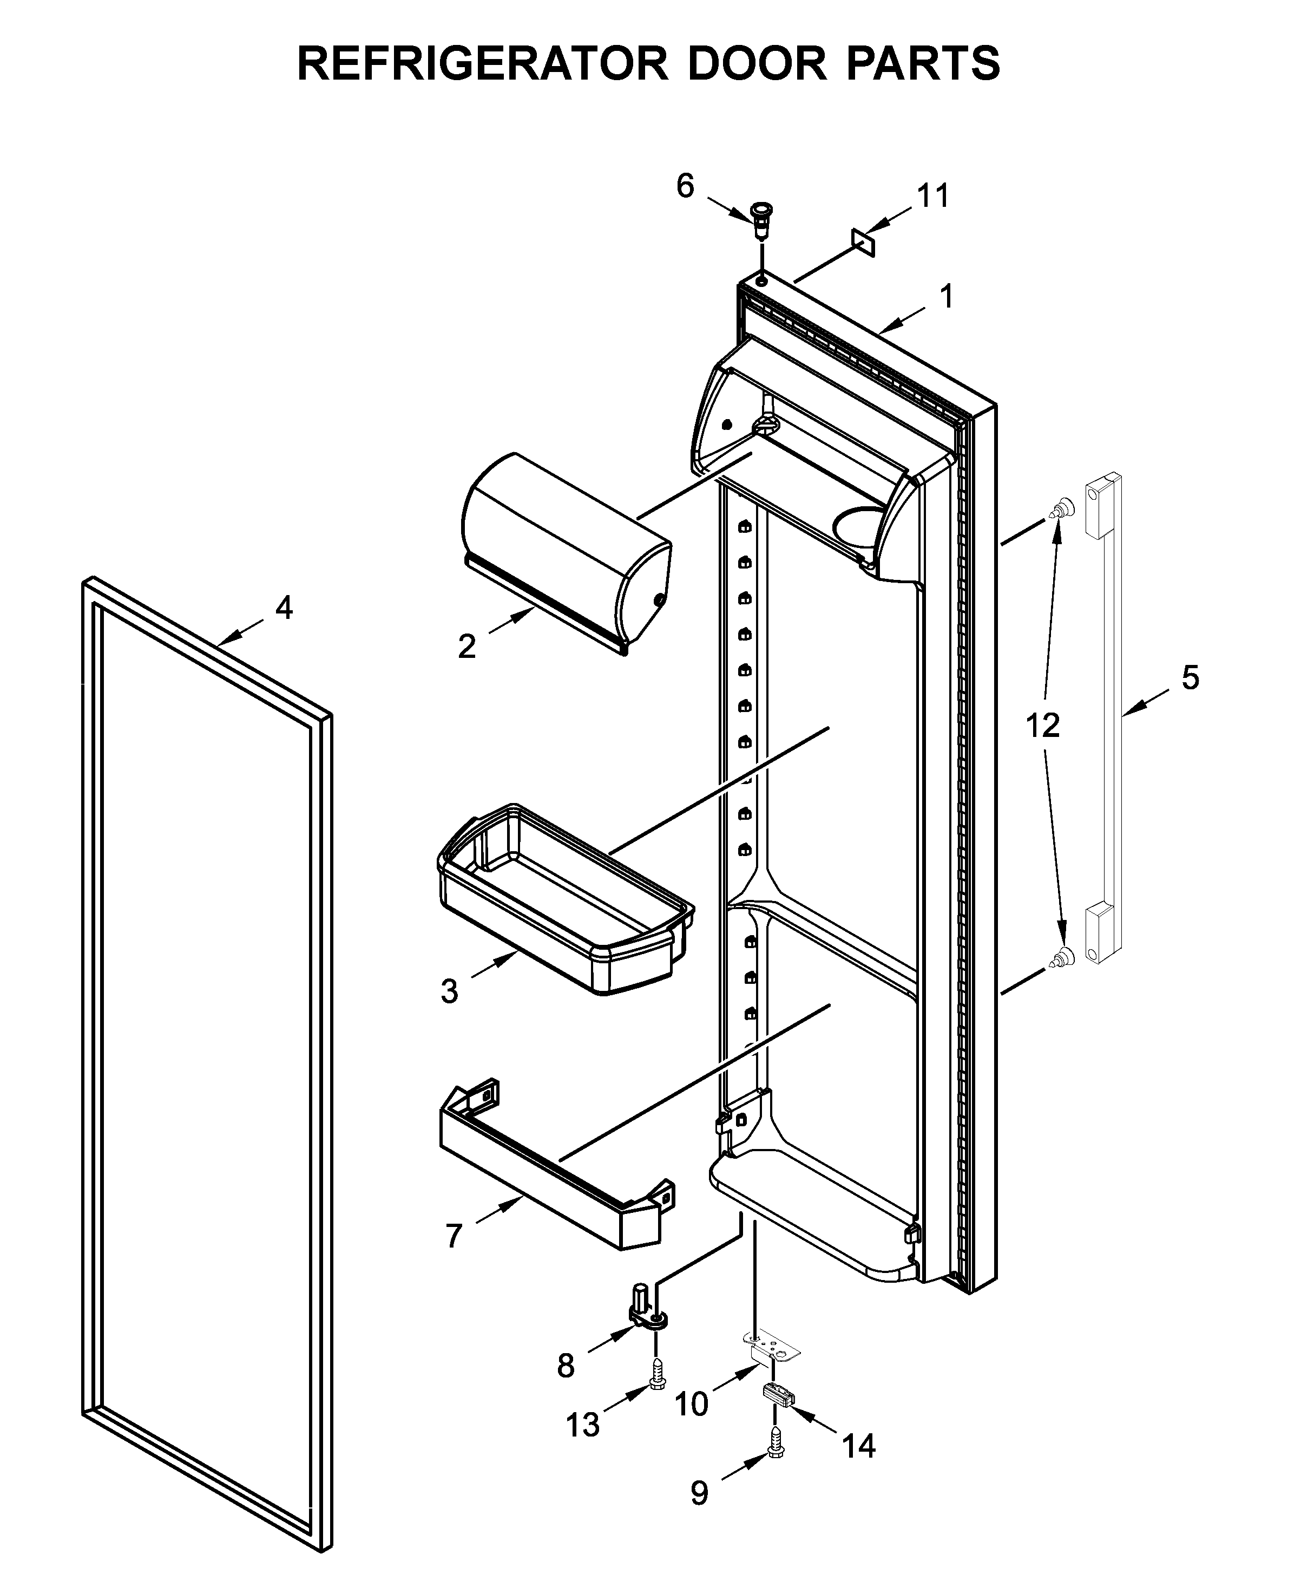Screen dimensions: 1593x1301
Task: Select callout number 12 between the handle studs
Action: coord(1042,726)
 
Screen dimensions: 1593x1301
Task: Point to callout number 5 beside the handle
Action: coord(1190,678)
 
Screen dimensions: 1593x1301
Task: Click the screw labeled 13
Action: coord(656,1376)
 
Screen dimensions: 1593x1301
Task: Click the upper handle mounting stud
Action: coord(1059,510)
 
